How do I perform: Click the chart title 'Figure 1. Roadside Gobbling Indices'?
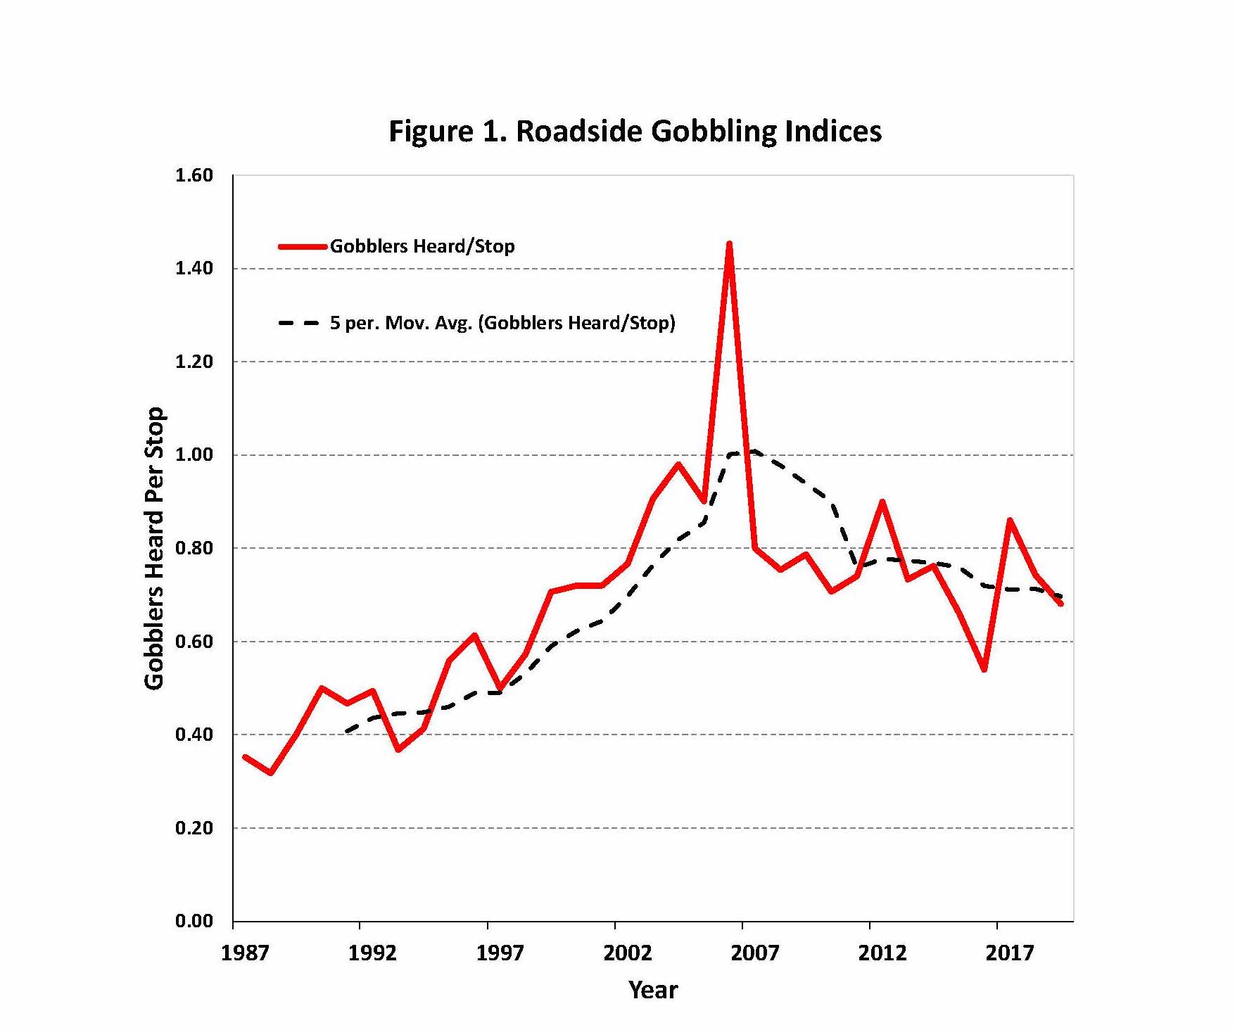635,132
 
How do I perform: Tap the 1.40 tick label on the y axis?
194,268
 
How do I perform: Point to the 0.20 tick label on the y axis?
194,827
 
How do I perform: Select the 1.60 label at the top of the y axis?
194,175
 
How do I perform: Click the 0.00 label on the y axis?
194,921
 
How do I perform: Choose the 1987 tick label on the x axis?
245,953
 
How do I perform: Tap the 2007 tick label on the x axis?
754,953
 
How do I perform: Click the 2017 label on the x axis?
1009,953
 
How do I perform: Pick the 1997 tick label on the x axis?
500,953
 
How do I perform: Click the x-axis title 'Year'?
653,990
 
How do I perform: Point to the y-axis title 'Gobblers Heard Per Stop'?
154,548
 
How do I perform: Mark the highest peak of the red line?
729,244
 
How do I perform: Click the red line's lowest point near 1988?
271,772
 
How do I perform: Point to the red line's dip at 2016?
984,669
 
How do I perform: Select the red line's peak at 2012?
882,502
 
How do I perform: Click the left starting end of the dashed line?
347,732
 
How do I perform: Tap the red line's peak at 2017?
1010,521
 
